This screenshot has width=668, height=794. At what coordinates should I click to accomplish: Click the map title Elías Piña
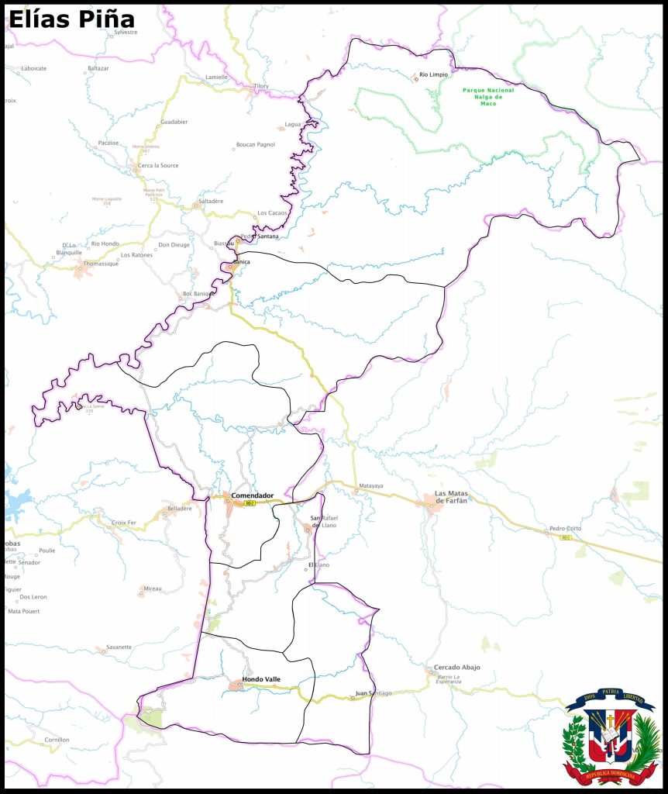point(71,19)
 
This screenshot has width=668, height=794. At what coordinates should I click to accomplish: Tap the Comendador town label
point(252,495)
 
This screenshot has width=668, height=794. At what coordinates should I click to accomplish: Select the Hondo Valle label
point(261,679)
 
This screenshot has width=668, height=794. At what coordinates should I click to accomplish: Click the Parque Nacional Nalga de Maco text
point(488,97)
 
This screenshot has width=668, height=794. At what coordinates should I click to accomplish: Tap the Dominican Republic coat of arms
point(611,737)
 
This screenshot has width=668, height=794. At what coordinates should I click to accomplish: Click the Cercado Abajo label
point(456,668)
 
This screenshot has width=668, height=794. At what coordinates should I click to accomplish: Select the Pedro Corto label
point(565,529)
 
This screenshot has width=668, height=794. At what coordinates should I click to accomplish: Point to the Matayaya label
point(370,486)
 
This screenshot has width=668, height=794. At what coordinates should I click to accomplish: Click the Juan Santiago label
point(374,692)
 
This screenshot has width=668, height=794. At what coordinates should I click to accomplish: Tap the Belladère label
point(179,508)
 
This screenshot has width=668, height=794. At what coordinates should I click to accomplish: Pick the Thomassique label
point(101,264)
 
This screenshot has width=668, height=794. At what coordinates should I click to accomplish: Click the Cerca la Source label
point(158,166)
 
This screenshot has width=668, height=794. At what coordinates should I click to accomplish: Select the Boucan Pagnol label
point(255,145)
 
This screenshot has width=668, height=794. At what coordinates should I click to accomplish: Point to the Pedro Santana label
point(260,236)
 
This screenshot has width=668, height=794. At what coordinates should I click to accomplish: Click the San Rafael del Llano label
point(324,521)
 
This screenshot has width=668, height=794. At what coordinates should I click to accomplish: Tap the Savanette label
point(119,647)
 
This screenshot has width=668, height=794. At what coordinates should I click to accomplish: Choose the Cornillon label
point(57,740)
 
